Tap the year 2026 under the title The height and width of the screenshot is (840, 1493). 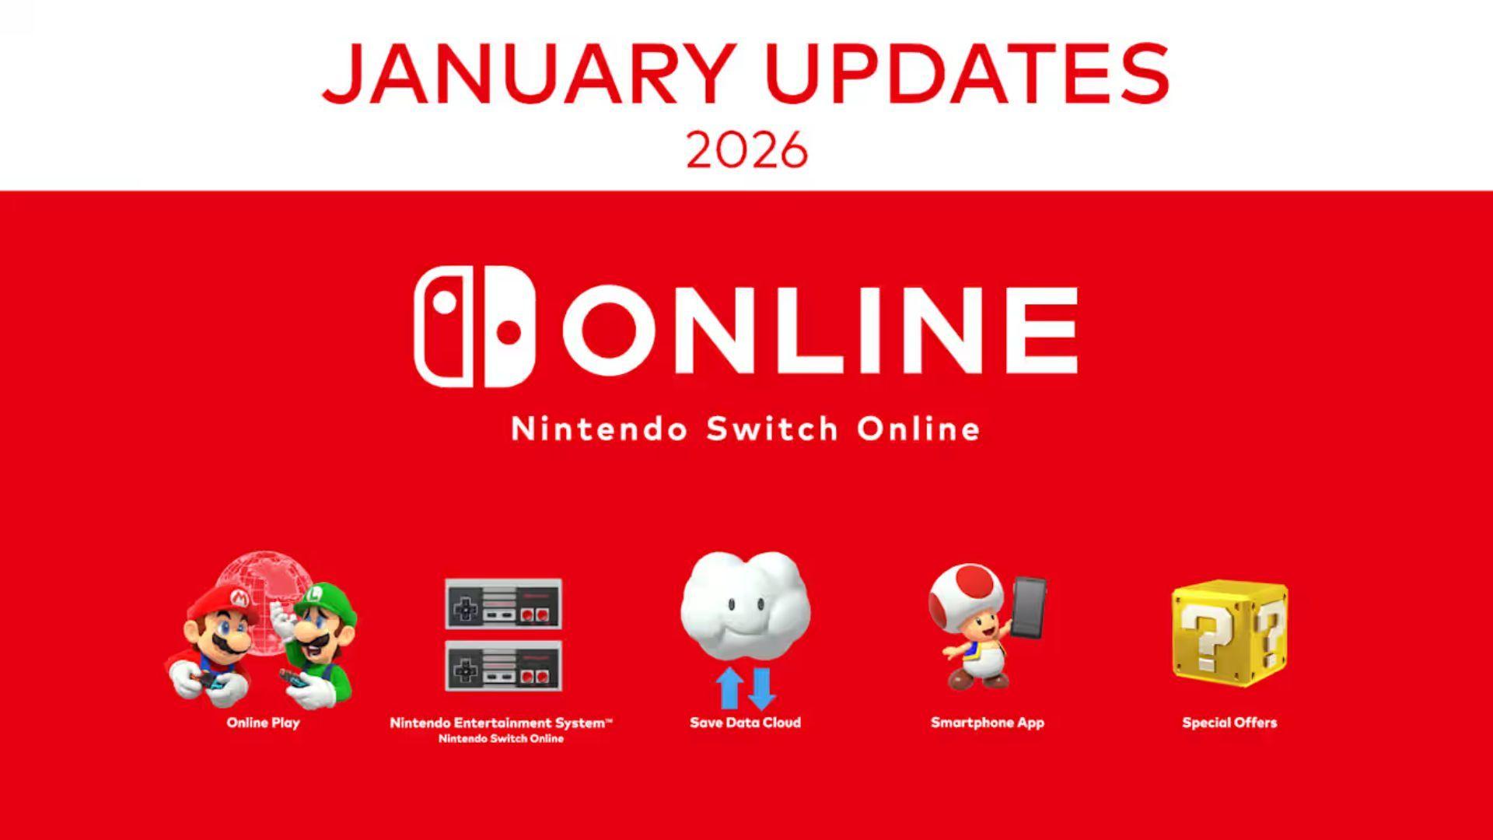click(746, 150)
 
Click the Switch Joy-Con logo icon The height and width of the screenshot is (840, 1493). click(475, 327)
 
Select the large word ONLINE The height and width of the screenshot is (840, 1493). click(820, 330)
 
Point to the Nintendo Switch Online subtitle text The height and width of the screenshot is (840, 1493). click(746, 429)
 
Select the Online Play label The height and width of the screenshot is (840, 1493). click(263, 723)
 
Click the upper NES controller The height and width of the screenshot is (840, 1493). click(503, 604)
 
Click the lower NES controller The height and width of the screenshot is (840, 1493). click(503, 667)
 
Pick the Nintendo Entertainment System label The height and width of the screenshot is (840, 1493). click(501, 723)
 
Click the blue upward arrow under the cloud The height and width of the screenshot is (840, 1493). click(729, 688)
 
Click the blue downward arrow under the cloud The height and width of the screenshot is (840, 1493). click(760, 688)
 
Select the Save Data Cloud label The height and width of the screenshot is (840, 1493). click(745, 723)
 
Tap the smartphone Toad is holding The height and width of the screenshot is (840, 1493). click(1028, 607)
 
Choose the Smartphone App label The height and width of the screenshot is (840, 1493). click(988, 723)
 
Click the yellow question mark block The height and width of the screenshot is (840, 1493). click(1229, 632)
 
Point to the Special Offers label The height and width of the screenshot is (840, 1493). click(1229, 723)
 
